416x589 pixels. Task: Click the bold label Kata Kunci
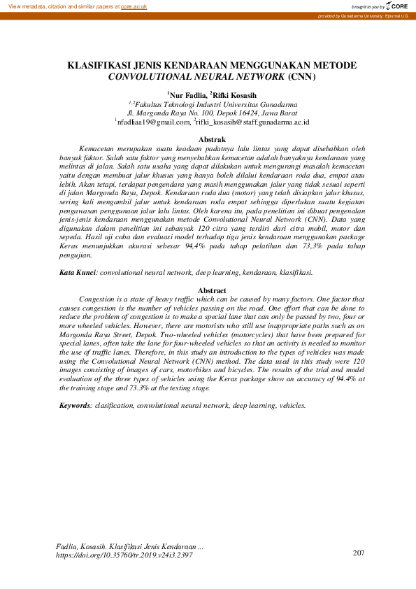pyautogui.click(x=77, y=272)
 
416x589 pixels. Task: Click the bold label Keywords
pyautogui.click(x=74, y=405)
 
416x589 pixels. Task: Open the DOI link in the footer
pyautogui.click(x=123, y=555)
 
